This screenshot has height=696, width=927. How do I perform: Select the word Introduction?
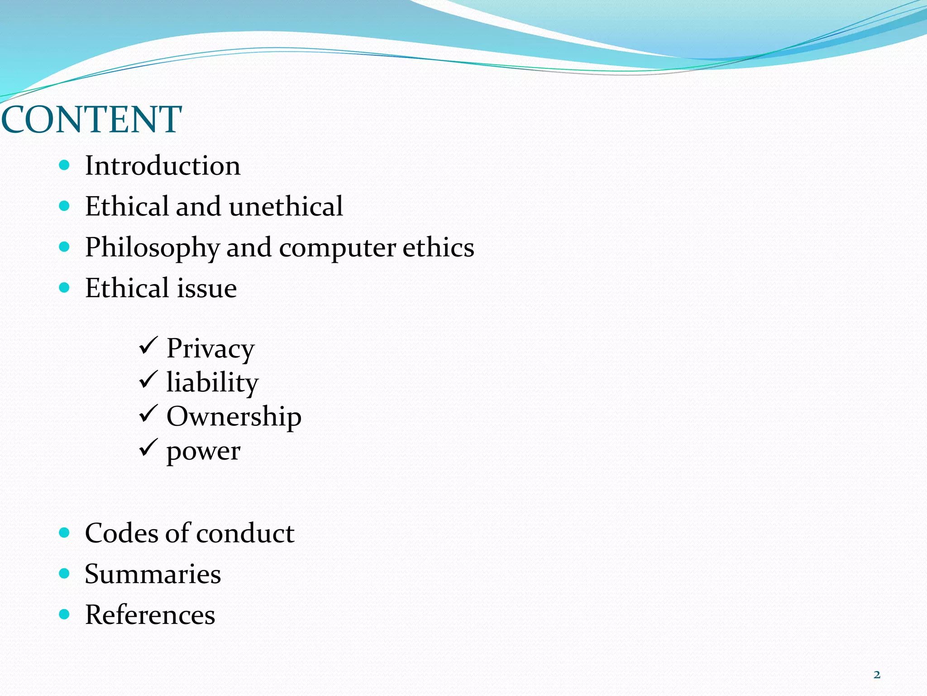162,166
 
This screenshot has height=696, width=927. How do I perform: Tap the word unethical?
286,207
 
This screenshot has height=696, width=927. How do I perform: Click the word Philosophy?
152,248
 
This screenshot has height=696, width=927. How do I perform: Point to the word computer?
337,248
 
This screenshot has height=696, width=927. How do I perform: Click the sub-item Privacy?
210,348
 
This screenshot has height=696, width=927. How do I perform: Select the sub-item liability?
212,382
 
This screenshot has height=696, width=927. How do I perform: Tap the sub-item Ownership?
234,416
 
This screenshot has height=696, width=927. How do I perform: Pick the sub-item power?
203,451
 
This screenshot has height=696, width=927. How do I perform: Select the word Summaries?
153,574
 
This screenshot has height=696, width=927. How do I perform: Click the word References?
150,615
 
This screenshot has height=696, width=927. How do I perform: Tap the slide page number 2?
877,675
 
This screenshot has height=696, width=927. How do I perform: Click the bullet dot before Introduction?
64,165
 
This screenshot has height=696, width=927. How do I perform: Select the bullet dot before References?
64,614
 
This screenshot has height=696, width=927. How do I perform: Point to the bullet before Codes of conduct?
64,532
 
